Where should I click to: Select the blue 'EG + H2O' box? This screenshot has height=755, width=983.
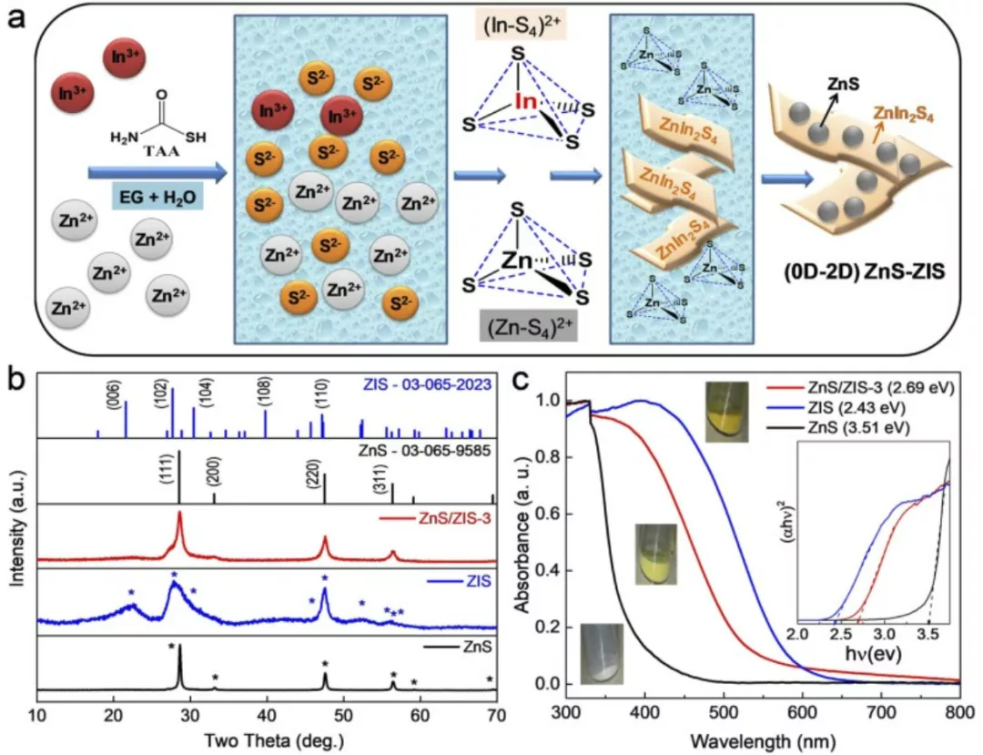pos(156,194)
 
